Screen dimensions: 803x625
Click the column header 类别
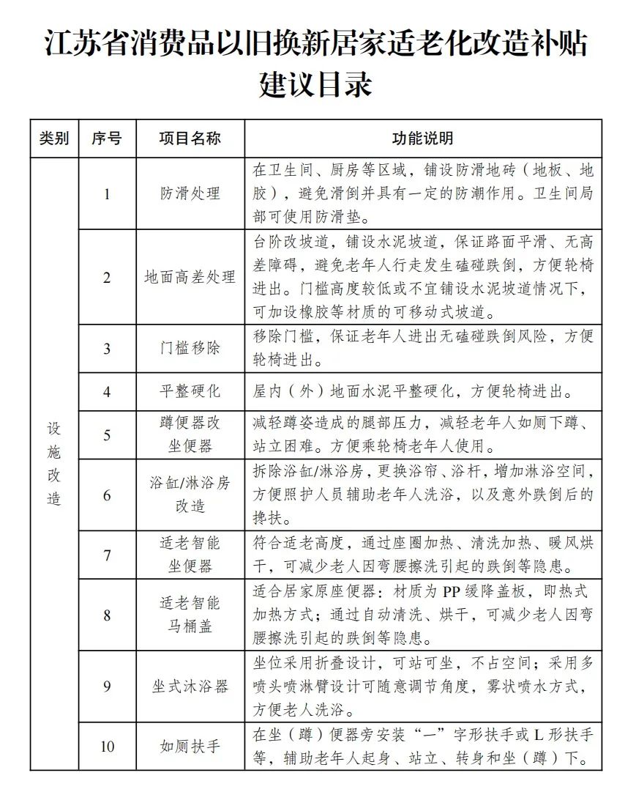[x=54, y=138]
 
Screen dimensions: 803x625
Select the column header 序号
[x=107, y=138]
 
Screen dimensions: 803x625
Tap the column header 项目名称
[x=190, y=138]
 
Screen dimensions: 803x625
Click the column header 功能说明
[x=423, y=138]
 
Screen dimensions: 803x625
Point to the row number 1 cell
[x=107, y=194]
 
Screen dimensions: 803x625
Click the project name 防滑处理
[x=190, y=194]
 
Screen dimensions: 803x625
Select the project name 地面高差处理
[x=190, y=278]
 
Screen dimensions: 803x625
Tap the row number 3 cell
[x=107, y=349]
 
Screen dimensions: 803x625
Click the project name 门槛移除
[x=190, y=349]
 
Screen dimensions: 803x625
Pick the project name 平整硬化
[x=190, y=391]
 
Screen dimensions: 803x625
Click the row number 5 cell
[x=107, y=435]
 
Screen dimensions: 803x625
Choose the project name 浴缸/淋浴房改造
[x=190, y=495]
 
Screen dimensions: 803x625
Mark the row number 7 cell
[x=107, y=555]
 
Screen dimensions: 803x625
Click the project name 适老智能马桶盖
[x=190, y=615]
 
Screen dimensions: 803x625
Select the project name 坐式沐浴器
[x=190, y=687]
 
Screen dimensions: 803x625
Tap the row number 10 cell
[x=107, y=747]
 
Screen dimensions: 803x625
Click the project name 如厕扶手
[x=190, y=747]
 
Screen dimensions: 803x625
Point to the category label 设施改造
[x=54, y=465]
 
